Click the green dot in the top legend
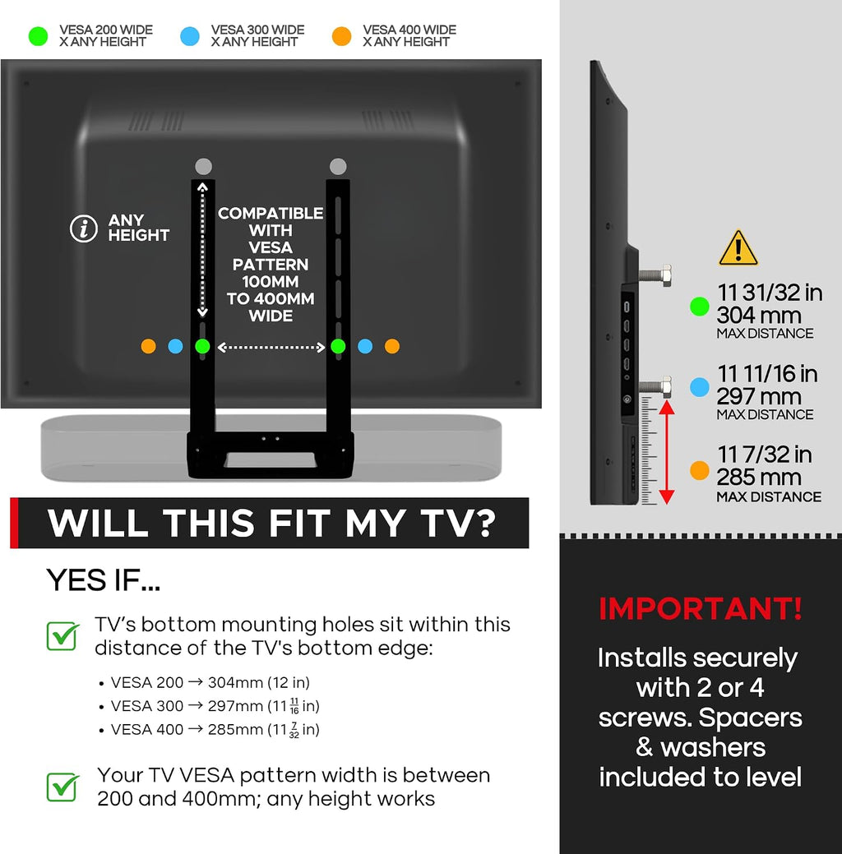(38, 36)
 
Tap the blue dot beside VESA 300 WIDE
(190, 36)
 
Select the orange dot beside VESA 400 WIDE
(342, 36)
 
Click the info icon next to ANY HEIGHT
(83, 229)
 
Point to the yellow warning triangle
(738, 247)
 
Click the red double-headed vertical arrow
(667, 453)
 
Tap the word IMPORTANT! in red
(701, 608)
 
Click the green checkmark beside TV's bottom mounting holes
(62, 635)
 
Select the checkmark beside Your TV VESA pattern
(62, 787)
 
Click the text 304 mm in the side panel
(759, 316)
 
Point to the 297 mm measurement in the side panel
(759, 396)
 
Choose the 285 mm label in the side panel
(759, 478)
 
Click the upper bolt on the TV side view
(655, 275)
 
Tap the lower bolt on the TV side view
(655, 386)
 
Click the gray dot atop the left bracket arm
(203, 166)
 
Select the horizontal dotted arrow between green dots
(271, 347)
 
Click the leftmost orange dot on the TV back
(148, 346)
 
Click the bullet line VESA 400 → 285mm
(215, 729)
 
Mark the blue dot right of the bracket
(365, 346)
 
